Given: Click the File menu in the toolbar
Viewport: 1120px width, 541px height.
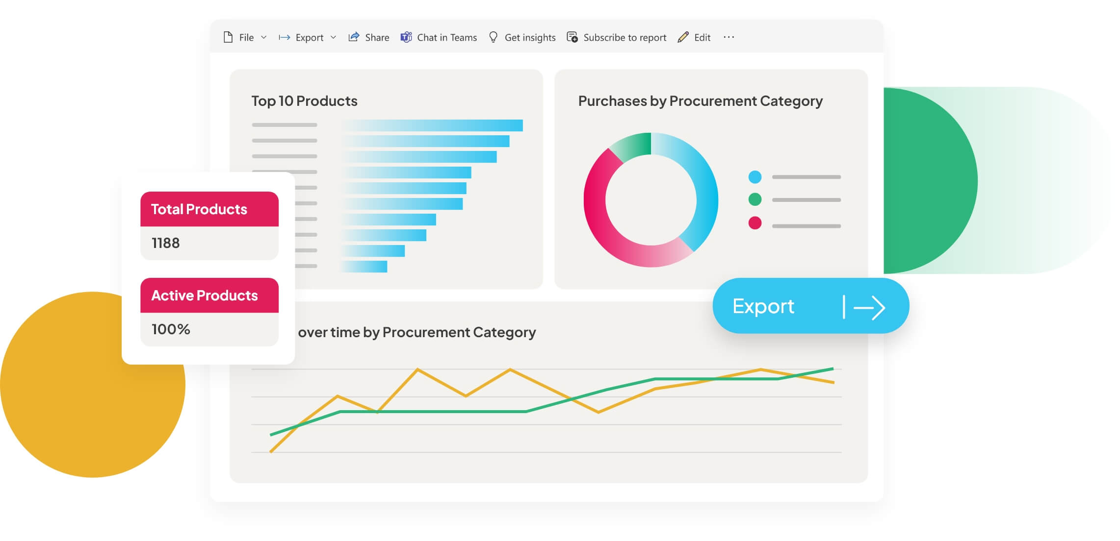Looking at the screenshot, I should (x=245, y=37).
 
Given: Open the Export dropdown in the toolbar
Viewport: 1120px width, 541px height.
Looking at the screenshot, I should (x=308, y=37).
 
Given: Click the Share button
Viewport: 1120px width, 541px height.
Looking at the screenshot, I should (x=369, y=37).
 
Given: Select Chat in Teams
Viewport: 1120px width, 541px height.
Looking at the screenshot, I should (x=439, y=37).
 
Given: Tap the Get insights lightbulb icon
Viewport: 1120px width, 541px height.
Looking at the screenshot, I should (x=494, y=37).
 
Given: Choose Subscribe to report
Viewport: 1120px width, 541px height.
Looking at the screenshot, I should (x=617, y=37).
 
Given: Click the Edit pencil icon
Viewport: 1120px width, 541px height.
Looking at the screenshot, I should (x=683, y=37).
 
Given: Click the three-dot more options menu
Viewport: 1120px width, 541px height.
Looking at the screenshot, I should (x=729, y=37).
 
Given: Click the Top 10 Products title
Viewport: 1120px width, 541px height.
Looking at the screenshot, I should (x=304, y=101).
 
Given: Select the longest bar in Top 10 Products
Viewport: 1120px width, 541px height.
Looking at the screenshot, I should (x=432, y=125).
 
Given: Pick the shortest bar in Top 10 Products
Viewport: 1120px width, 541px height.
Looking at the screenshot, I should (x=364, y=267).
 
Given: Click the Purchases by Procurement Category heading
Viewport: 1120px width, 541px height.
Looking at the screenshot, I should (x=700, y=101).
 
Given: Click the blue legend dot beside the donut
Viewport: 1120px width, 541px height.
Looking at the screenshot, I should (x=755, y=177).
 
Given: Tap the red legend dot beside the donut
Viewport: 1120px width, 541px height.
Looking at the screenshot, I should (x=755, y=223).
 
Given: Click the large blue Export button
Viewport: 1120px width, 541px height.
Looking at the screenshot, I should (x=810, y=306).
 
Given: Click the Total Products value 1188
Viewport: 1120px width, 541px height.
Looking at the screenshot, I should (x=166, y=243).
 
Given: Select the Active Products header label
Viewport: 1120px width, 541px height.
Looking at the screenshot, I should (x=205, y=295).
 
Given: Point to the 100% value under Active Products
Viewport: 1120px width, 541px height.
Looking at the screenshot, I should (x=171, y=329).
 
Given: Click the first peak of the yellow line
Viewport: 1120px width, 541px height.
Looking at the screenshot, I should (x=338, y=395).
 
